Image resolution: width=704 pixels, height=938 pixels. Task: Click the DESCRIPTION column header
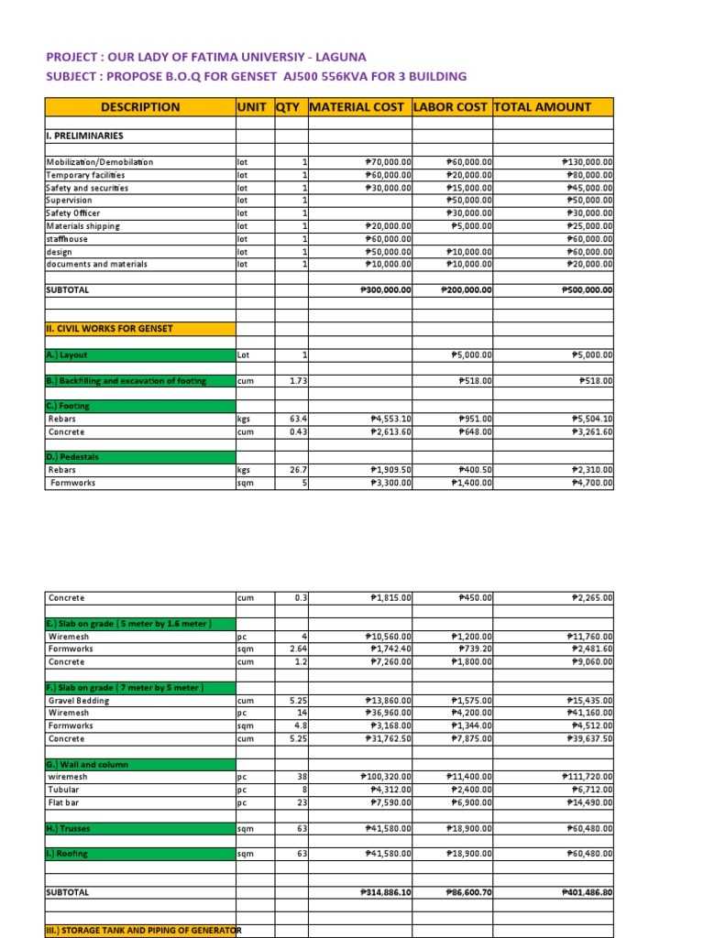coord(140,107)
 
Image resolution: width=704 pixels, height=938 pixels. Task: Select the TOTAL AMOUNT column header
coord(543,107)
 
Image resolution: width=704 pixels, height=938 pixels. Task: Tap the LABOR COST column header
coord(450,107)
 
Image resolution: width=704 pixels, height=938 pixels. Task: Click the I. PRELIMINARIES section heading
coord(84,136)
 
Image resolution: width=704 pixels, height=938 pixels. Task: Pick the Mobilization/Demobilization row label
coord(100,162)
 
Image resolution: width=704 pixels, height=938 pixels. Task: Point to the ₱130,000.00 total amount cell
coord(587,162)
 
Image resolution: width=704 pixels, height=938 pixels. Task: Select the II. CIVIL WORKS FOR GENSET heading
coord(109,328)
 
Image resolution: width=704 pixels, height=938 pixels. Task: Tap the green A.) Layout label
coord(69,354)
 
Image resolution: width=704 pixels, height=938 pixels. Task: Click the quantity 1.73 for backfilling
coord(297,381)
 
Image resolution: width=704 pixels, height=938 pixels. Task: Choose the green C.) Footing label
coord(70,406)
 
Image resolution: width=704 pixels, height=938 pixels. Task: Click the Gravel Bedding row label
coord(78,701)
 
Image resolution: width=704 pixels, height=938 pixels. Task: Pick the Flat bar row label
coord(65,802)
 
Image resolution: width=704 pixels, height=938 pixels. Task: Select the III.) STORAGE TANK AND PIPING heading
coord(143,931)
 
